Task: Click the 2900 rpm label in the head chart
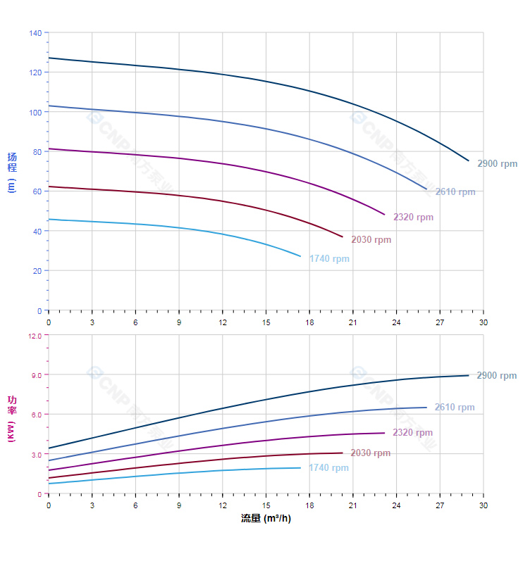tap(497, 164)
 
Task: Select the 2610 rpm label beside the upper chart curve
tap(455, 191)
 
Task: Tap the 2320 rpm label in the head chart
tap(413, 218)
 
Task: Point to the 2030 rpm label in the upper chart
tap(371, 240)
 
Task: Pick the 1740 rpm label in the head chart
tap(329, 259)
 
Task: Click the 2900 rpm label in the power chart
tap(496, 376)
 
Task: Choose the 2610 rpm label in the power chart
tap(455, 408)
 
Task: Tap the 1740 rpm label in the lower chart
tap(328, 468)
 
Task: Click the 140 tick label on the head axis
tap(35, 32)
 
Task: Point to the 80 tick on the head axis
tap(37, 151)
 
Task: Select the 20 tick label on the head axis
tap(37, 270)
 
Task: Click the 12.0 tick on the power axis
tap(35, 335)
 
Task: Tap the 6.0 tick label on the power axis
tap(37, 415)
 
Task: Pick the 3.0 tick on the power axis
tap(37, 454)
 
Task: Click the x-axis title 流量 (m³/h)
tap(266, 519)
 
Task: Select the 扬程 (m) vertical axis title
tap(11, 172)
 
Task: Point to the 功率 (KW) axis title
tap(11, 418)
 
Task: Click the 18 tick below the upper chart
tap(309, 322)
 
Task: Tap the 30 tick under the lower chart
tap(483, 505)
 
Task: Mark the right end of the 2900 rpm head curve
tap(469, 160)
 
